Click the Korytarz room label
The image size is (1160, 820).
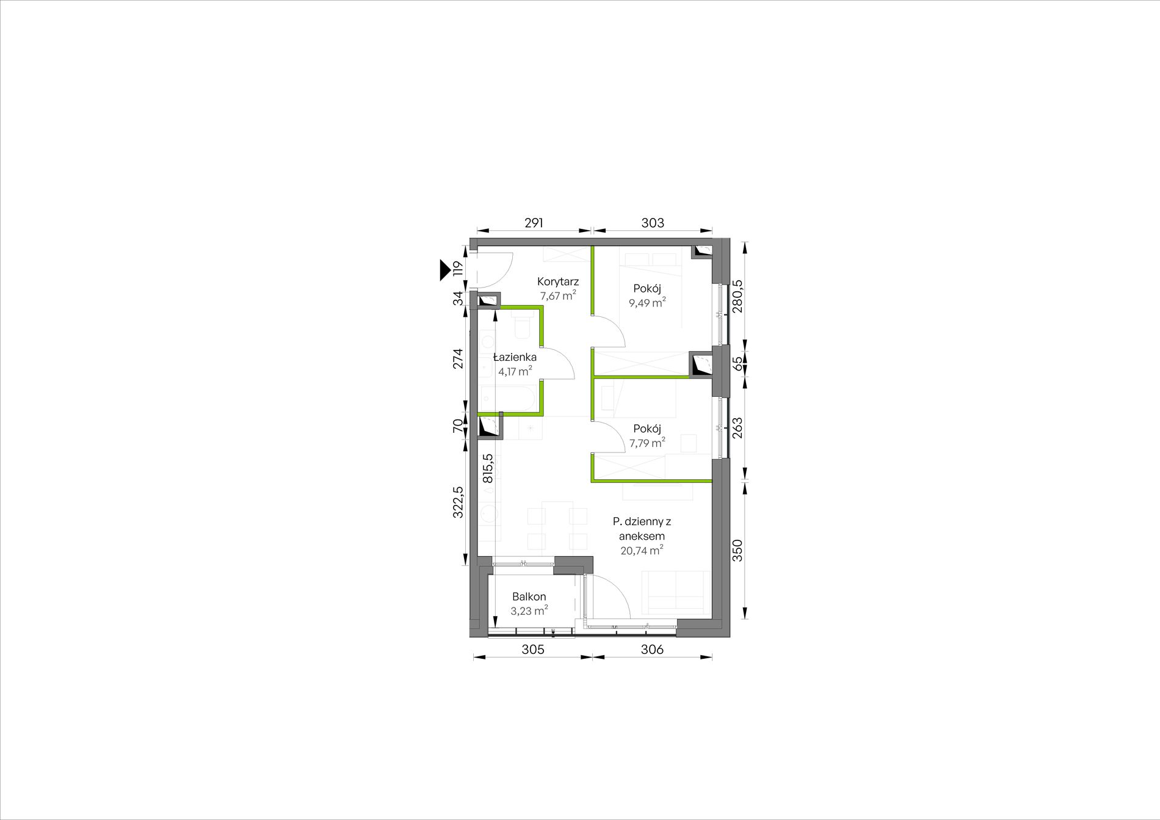point(558,281)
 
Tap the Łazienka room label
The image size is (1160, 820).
point(515,357)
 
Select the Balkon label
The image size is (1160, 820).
point(529,597)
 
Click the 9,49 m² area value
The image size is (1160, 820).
point(647,302)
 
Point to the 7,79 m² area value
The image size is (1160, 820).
point(647,443)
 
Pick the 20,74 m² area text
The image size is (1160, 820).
point(642,550)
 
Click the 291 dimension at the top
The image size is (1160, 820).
point(534,223)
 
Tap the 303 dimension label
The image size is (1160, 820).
point(653,223)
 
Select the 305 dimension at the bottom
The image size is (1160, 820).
point(533,650)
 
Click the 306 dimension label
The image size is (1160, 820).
point(652,650)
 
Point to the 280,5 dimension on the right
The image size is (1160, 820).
point(737,296)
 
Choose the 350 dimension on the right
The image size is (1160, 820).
point(737,550)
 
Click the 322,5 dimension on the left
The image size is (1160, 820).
point(458,502)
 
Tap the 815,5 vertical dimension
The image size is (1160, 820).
point(488,468)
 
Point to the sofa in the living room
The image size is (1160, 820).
point(675,592)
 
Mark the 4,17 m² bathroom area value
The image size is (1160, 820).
point(515,371)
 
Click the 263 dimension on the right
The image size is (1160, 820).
point(737,427)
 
